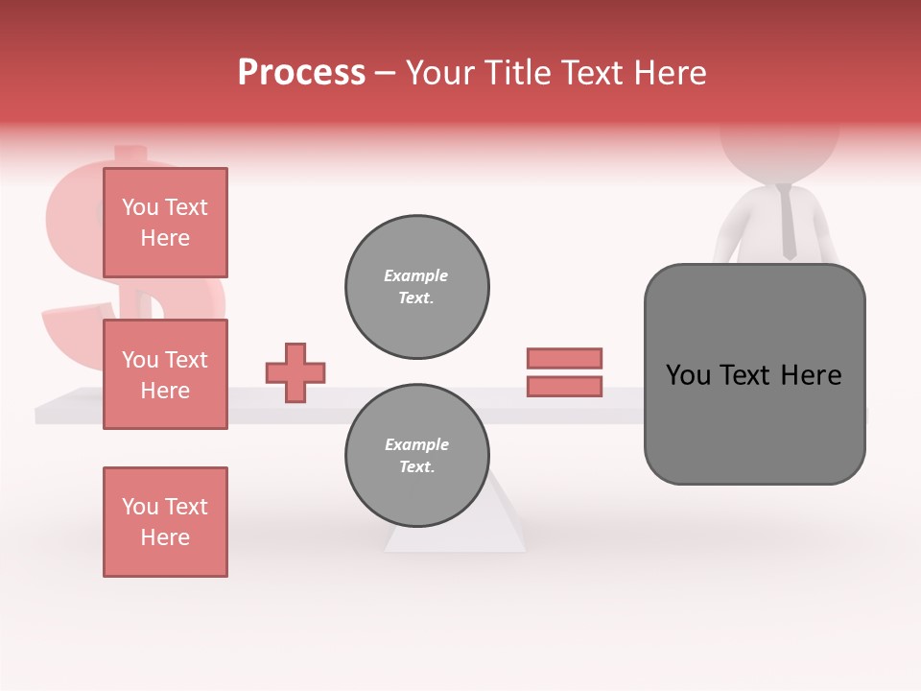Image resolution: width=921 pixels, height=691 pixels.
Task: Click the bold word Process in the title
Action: [x=301, y=73]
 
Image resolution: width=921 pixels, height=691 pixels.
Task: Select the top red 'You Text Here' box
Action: [x=165, y=223]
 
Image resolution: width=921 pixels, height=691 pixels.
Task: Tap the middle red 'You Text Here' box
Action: [x=165, y=374]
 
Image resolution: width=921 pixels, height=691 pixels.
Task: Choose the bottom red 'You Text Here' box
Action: [x=165, y=522]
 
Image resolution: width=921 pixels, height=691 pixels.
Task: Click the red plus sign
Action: [x=295, y=372]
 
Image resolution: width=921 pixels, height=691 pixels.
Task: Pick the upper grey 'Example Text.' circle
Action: [x=416, y=287]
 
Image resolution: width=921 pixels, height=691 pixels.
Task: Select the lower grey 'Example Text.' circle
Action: [x=416, y=456]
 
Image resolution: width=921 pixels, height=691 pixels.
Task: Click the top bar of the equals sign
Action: [x=564, y=358]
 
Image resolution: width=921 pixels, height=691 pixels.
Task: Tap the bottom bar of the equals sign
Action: [x=564, y=387]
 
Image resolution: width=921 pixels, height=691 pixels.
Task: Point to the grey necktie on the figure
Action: [x=788, y=223]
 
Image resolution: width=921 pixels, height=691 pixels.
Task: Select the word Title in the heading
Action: [x=519, y=73]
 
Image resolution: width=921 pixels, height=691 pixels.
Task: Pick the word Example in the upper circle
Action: [x=415, y=275]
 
